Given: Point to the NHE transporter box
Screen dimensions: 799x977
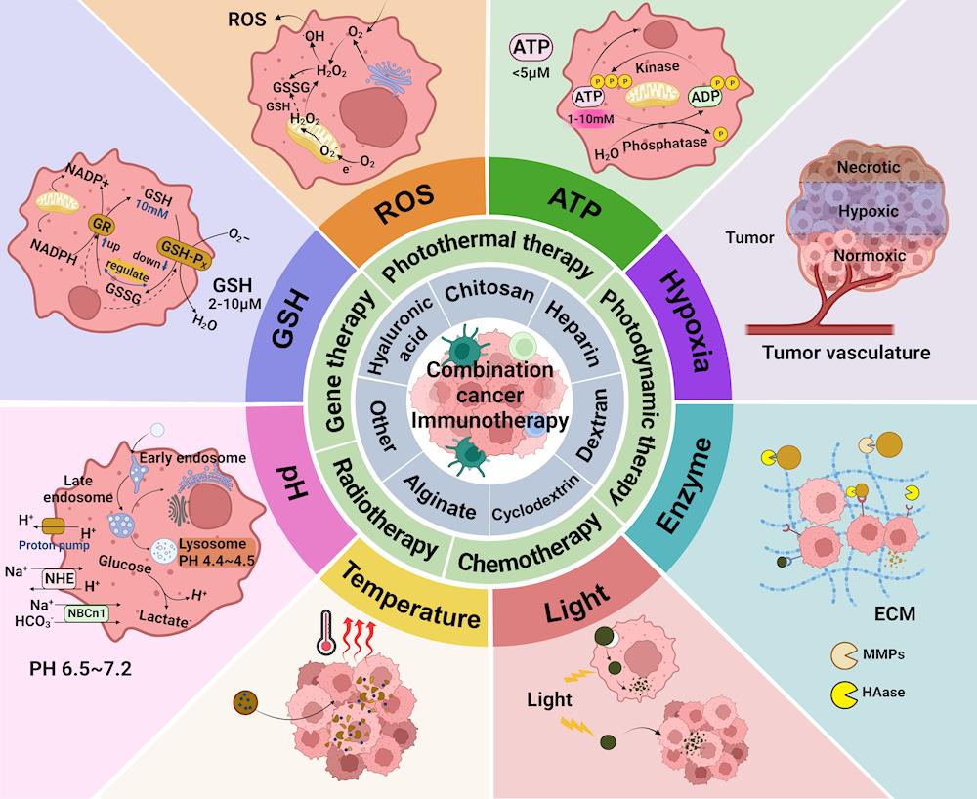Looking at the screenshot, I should [x=58, y=579].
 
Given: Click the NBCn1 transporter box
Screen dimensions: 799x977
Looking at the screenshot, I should [x=83, y=613].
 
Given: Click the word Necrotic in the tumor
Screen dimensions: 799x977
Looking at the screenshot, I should [x=868, y=167].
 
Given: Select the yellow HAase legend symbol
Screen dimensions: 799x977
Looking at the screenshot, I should [x=840, y=694].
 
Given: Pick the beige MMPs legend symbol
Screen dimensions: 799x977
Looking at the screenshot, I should [x=842, y=653].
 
